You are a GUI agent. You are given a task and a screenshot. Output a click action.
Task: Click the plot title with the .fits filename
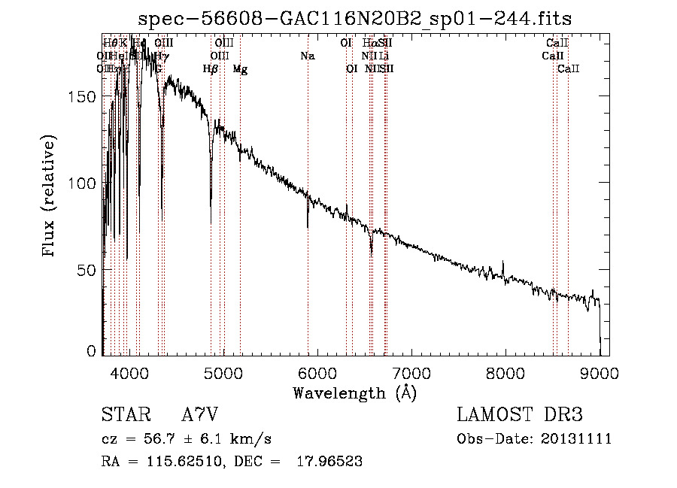(356, 20)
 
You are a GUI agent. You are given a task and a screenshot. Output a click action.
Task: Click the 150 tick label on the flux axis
(83, 97)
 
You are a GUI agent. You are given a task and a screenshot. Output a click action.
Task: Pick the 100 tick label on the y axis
(83, 183)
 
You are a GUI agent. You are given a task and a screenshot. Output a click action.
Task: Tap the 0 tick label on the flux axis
(92, 350)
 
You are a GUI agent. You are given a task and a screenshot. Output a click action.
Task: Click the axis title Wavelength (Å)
(354, 393)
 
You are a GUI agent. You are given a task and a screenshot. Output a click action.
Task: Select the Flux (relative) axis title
(50, 197)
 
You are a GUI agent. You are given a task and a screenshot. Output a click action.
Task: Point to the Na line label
(307, 56)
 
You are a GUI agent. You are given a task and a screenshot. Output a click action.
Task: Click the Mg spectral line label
(240, 69)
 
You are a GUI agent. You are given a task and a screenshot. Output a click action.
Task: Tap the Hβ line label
(211, 69)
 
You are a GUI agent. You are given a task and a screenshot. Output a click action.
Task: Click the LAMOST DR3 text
(520, 415)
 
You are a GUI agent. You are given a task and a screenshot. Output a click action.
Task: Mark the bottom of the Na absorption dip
(308, 226)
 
